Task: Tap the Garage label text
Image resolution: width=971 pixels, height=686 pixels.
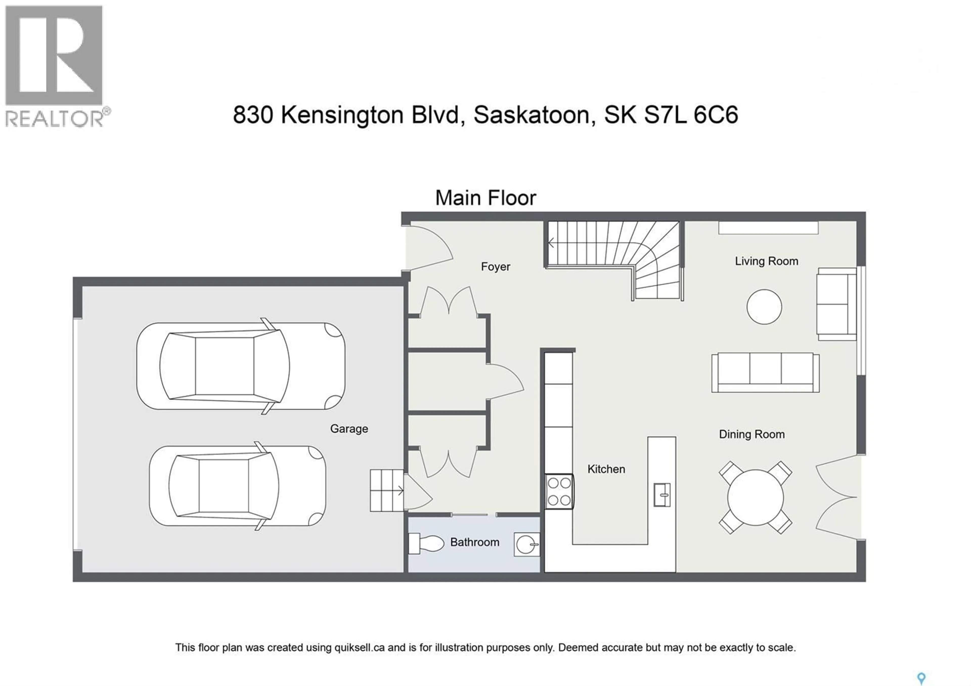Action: click(x=349, y=429)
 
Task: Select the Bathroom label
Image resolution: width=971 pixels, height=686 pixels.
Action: click(x=475, y=542)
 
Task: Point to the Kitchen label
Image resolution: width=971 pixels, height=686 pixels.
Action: click(x=606, y=469)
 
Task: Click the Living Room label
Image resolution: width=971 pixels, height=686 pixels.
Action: click(x=766, y=261)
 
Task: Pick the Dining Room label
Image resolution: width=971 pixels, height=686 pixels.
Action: click(x=752, y=434)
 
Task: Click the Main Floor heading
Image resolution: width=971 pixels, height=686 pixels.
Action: click(x=485, y=198)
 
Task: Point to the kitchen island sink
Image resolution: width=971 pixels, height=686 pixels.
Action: click(x=662, y=495)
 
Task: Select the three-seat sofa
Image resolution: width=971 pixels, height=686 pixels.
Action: click(x=765, y=372)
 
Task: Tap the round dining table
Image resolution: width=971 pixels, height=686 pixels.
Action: click(x=755, y=497)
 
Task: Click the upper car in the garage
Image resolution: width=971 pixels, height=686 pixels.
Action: click(x=240, y=366)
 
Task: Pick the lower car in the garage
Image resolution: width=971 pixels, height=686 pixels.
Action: click(x=237, y=486)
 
